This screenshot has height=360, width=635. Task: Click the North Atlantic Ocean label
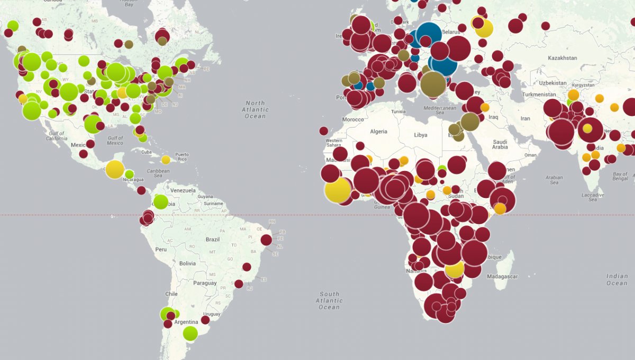pyautogui.click(x=255, y=110)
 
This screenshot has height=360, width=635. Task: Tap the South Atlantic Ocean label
pyautogui.click(x=329, y=300)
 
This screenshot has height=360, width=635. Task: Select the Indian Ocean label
pyautogui.click(x=617, y=280)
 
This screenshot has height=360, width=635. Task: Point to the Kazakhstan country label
pyautogui.click(x=561, y=58)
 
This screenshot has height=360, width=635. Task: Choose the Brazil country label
pyautogui.click(x=212, y=239)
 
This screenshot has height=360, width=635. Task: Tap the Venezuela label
pyautogui.click(x=183, y=190)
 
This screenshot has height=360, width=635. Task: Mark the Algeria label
pyautogui.click(x=378, y=131)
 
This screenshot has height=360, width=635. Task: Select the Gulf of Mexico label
pyautogui.click(x=115, y=140)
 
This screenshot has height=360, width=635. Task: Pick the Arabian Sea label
pyautogui.click(x=554, y=180)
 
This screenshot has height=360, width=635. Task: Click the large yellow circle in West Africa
pyautogui.click(x=338, y=191)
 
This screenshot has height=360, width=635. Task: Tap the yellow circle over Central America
pyautogui.click(x=115, y=169)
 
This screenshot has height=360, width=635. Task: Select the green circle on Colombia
pyautogui.click(x=160, y=202)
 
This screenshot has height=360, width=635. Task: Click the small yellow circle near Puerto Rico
pyautogui.click(x=166, y=160)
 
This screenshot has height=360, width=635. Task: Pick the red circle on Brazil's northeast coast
pyautogui.click(x=266, y=240)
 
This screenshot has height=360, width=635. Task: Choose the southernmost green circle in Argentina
pyautogui.click(x=190, y=334)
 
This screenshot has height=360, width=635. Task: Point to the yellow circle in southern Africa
pyautogui.click(x=455, y=269)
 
